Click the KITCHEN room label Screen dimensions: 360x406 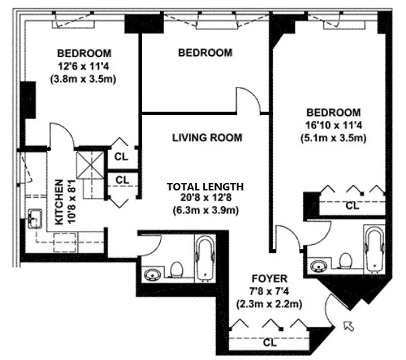(x=58, y=201)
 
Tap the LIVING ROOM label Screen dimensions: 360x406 (x=206, y=138)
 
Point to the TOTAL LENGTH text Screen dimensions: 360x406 (x=206, y=186)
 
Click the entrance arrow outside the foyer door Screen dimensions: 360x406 (x=348, y=327)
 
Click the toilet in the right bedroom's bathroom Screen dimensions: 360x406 (x=346, y=259)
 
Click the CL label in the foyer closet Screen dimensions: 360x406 (x=270, y=342)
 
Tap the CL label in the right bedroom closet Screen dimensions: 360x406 (x=352, y=206)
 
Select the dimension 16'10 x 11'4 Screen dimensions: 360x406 (x=333, y=126)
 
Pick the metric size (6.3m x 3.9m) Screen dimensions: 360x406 (x=206, y=211)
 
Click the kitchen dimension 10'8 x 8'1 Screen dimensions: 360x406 (x=72, y=201)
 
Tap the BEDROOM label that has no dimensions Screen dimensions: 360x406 (x=205, y=52)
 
